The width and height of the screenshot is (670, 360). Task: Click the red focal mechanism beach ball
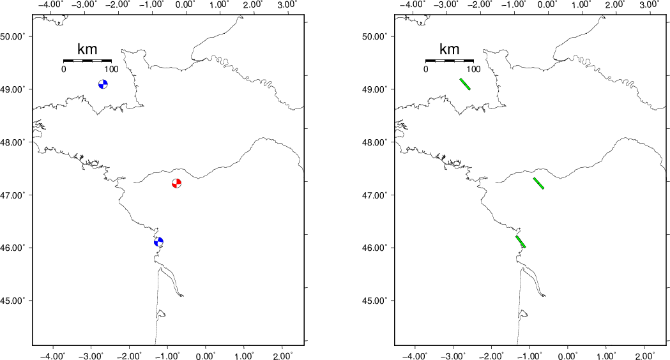[x=176, y=183]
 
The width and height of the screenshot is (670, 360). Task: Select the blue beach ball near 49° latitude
[x=103, y=84]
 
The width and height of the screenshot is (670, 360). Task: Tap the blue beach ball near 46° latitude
[x=158, y=242]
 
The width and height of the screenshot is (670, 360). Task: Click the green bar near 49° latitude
[x=465, y=84]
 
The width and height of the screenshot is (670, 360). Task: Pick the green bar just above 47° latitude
[x=538, y=183]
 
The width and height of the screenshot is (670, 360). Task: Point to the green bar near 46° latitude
[x=521, y=242]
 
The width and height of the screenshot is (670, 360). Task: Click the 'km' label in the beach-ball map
[x=87, y=49]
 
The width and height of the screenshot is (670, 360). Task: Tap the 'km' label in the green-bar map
[x=449, y=49]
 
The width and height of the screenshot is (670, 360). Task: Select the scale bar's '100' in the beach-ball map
[x=112, y=69]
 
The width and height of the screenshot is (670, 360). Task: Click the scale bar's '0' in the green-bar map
[x=425, y=69]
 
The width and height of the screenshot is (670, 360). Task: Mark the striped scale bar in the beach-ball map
[x=87, y=61]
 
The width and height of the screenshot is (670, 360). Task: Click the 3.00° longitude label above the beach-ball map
[x=287, y=4]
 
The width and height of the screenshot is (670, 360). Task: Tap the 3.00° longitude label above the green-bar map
[x=649, y=4]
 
